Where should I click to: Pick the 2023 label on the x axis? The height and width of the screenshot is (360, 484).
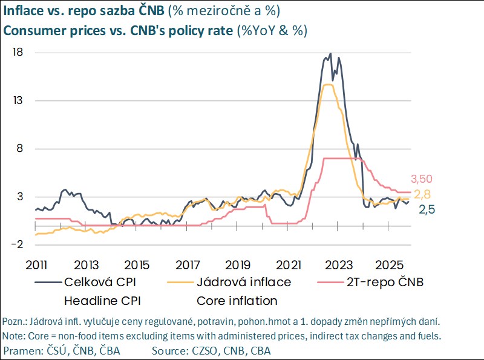(x=339, y=264)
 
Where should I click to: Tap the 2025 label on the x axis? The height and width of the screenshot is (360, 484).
(x=390, y=264)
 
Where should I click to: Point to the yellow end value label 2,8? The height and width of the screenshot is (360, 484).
(x=423, y=194)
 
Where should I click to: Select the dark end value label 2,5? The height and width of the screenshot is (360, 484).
(x=427, y=209)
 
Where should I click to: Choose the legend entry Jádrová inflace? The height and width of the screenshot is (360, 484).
(x=244, y=282)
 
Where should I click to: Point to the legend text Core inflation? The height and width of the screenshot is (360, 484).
(x=237, y=301)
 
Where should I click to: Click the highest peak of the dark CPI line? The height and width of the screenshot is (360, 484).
(x=330, y=54)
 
